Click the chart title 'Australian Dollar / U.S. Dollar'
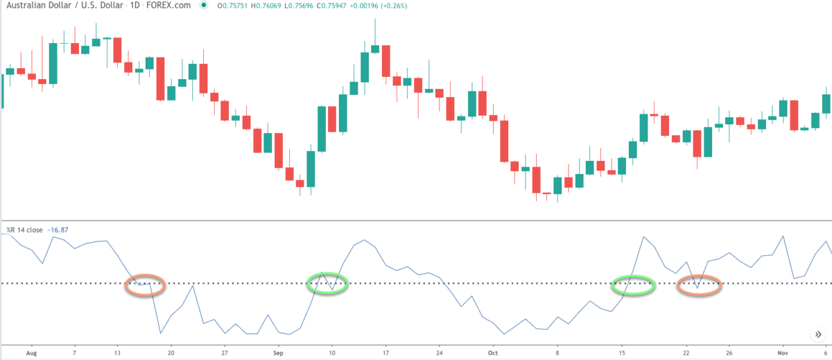(x=60, y=6)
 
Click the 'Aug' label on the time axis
(x=30, y=352)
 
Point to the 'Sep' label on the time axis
(x=278, y=352)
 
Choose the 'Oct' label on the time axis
(x=493, y=352)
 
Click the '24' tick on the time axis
(x=440, y=352)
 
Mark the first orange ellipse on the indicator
(x=146, y=284)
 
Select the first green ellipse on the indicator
(x=327, y=283)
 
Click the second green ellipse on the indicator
(x=633, y=285)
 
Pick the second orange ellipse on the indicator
(x=699, y=285)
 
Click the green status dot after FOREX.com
(x=202, y=6)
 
